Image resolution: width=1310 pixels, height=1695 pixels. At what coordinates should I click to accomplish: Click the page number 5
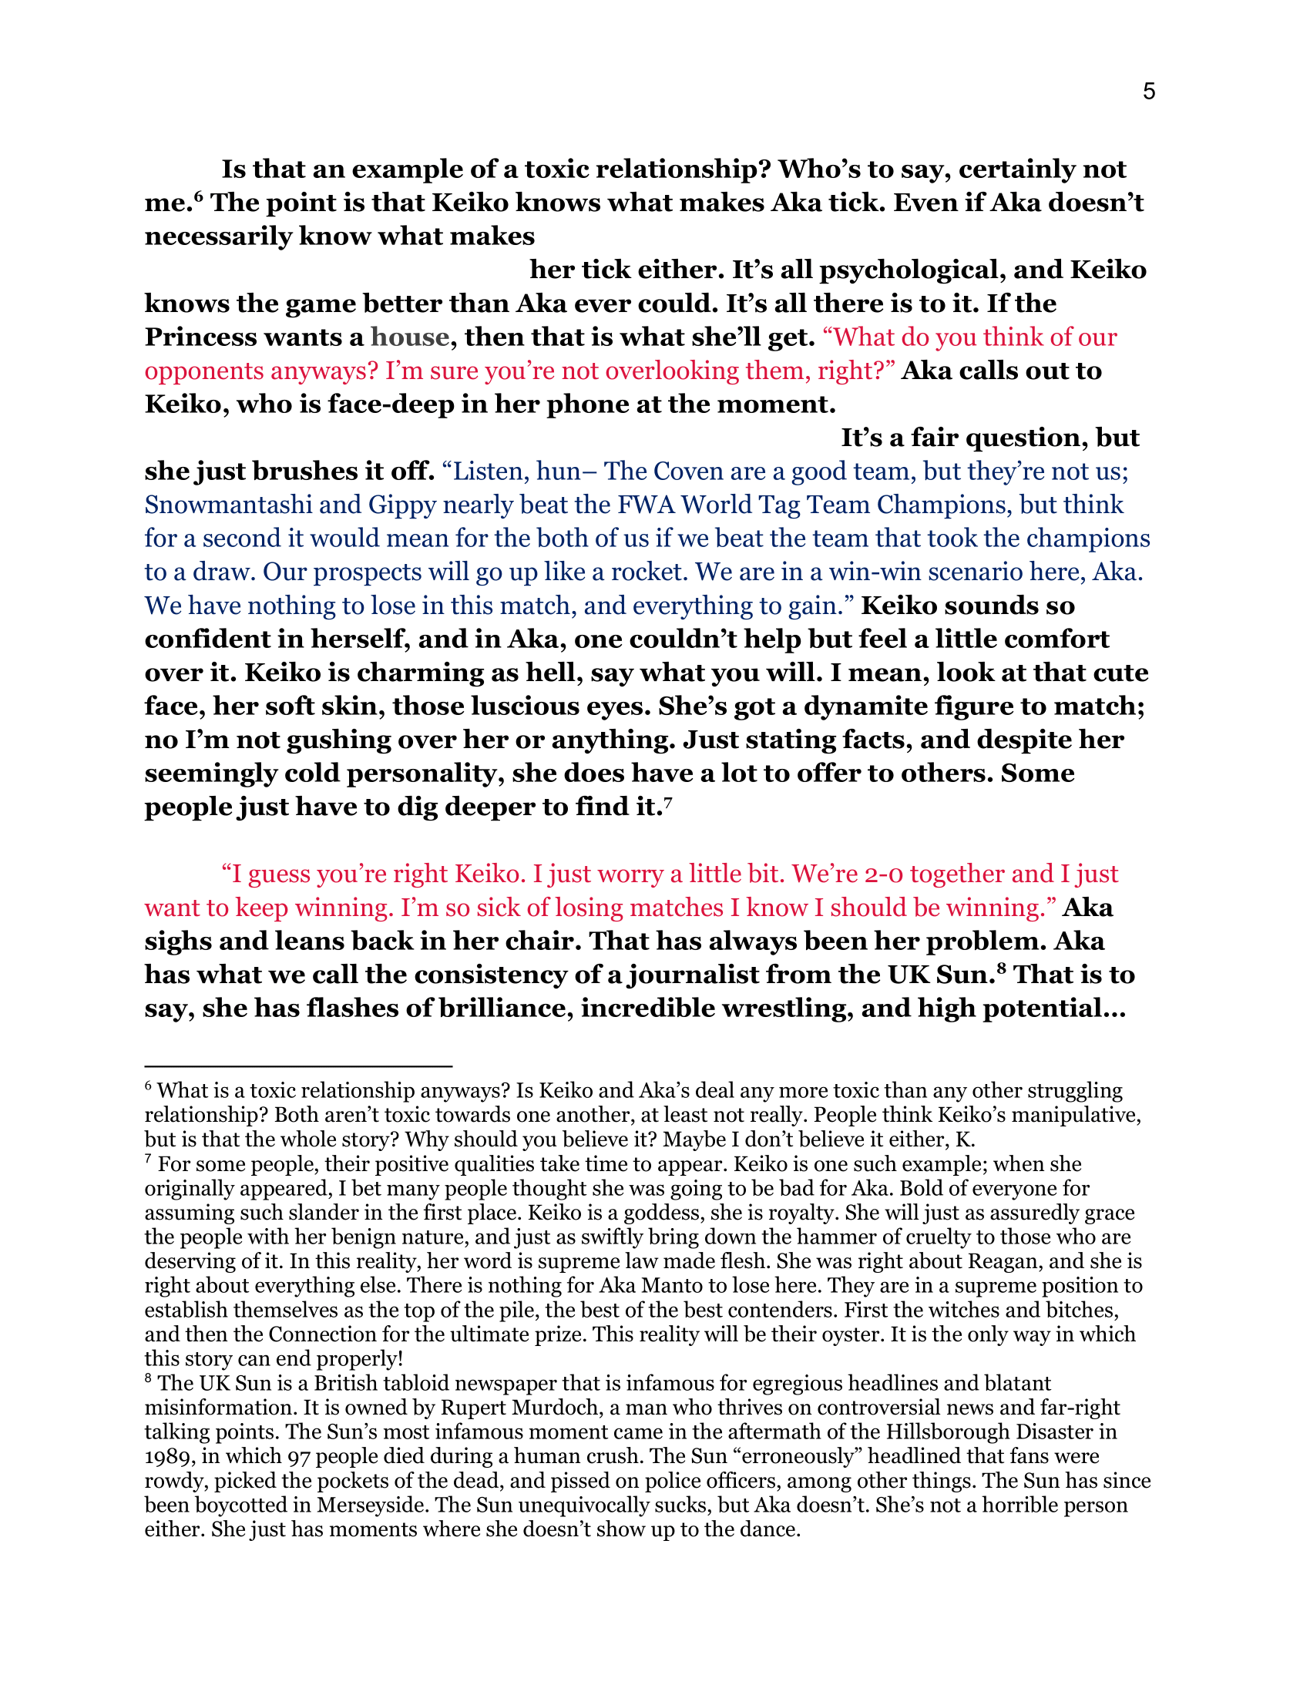(1149, 92)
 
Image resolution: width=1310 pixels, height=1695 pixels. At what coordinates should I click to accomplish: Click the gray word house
(410, 337)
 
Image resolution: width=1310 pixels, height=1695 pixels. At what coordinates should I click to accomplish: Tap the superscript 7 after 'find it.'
(667, 803)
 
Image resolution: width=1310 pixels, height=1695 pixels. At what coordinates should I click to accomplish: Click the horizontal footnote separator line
(298, 1067)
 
